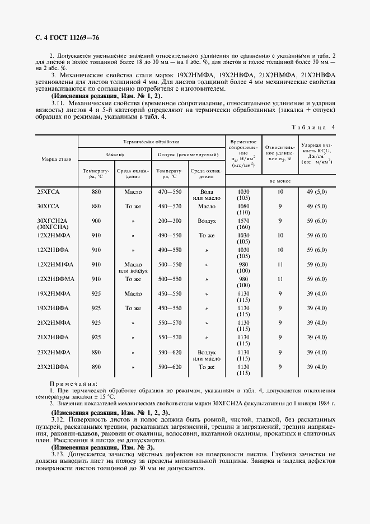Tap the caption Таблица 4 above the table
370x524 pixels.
[313, 127]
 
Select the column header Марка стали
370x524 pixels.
[57, 160]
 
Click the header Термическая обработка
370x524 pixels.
[151, 143]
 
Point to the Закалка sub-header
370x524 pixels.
[114, 154]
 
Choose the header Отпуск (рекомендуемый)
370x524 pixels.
[188, 154]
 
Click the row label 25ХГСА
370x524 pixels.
[48, 192]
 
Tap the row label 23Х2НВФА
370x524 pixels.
[53, 367]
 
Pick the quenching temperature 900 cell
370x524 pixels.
[96, 221]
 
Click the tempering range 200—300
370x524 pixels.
[170, 221]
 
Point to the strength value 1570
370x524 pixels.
[243, 221]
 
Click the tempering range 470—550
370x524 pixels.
[170, 192]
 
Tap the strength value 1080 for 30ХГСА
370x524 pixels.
[243, 206]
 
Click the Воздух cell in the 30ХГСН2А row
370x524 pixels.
[207, 221]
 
